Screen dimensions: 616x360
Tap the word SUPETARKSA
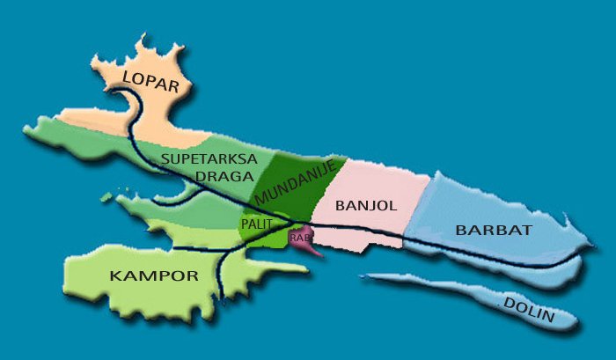coord(209,159)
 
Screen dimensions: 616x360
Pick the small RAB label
coord(300,237)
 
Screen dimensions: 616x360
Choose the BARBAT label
coord(494,230)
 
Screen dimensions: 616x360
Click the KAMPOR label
coord(153,276)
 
